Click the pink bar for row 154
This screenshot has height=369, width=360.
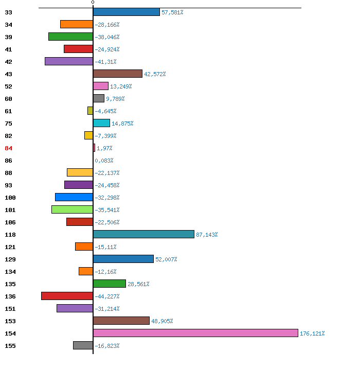(x=195, y=333)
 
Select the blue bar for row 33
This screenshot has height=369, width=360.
(x=127, y=12)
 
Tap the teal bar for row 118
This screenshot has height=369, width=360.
(x=143, y=234)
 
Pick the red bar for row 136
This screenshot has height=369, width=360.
(x=67, y=296)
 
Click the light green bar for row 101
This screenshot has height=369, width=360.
(x=72, y=209)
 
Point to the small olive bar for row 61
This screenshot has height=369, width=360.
(x=91, y=111)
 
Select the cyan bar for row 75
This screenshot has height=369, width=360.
(x=102, y=123)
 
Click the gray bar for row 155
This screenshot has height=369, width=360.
(x=83, y=345)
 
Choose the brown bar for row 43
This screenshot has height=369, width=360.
(x=118, y=74)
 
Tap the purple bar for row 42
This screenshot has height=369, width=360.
(x=69, y=61)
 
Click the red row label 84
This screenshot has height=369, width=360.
(x=8, y=148)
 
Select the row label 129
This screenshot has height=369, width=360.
(x=10, y=259)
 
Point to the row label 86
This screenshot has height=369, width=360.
(x=8, y=161)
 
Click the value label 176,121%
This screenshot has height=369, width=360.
(x=312, y=333)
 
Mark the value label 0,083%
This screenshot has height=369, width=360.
(x=104, y=161)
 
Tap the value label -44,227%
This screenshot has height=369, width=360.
(x=107, y=296)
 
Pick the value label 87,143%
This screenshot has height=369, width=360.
(x=207, y=235)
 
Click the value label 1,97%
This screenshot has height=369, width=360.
(x=104, y=148)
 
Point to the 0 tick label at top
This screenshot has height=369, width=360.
(x=93, y=3)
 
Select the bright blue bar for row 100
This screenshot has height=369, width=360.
(x=74, y=197)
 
